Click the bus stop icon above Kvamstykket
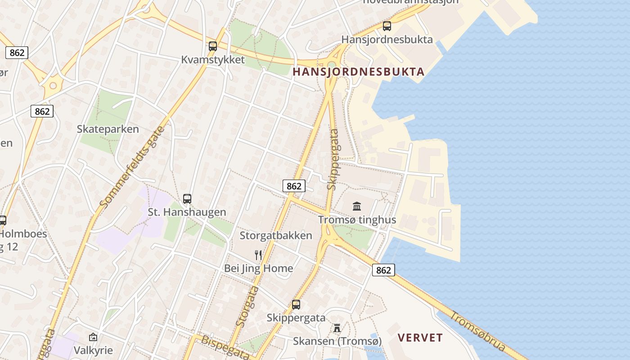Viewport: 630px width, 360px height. (x=213, y=46)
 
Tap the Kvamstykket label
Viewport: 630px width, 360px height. (x=213, y=59)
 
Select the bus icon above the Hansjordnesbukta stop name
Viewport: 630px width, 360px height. (x=387, y=26)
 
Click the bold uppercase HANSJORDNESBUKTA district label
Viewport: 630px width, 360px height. (x=359, y=72)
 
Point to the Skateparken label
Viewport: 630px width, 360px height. (x=108, y=129)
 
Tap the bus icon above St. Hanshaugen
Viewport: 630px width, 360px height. (x=187, y=198)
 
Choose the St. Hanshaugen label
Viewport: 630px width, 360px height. (x=187, y=212)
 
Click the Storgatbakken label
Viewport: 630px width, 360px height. (x=275, y=235)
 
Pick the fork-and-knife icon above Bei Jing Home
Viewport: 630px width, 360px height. (x=258, y=255)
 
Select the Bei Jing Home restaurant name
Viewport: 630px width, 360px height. (x=258, y=269)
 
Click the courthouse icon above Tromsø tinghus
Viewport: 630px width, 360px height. (x=357, y=206)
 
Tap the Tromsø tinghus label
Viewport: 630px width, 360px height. (x=357, y=220)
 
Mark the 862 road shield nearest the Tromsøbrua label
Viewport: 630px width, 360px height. (x=383, y=270)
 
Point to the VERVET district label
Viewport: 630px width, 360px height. (x=420, y=338)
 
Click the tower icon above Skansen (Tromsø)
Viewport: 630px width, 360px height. (x=337, y=328)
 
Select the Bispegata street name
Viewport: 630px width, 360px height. (x=225, y=347)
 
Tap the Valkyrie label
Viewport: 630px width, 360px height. (x=93, y=350)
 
